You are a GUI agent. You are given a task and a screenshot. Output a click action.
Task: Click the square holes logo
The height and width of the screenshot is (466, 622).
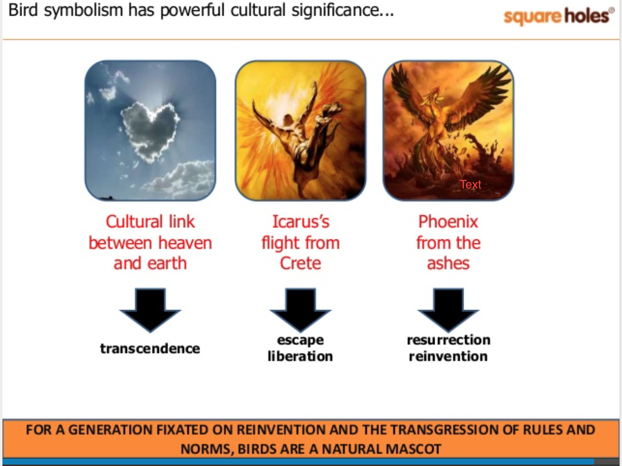pos(559,16)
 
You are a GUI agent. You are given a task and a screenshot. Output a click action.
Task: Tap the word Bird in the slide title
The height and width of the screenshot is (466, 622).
pos(23,10)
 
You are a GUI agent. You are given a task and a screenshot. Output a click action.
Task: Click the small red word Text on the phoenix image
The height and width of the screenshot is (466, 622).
pos(470,184)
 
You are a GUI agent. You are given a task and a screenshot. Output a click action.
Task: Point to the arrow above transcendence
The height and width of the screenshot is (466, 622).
pos(150,310)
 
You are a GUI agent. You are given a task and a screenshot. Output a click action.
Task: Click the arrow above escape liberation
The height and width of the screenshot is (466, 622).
pos(300,310)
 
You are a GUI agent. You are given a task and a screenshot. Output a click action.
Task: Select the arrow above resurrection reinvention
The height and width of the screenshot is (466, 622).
pos(448,310)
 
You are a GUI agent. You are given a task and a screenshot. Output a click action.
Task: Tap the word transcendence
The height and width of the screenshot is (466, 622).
pos(150,348)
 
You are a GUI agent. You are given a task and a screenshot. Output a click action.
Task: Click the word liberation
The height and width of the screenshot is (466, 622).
pos(300,356)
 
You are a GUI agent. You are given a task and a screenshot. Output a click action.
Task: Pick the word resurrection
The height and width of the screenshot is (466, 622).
pos(448,340)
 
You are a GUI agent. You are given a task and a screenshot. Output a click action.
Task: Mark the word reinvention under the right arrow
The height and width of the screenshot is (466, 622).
pos(448,356)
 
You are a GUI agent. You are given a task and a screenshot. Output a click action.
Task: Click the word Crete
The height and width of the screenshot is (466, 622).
pos(300,263)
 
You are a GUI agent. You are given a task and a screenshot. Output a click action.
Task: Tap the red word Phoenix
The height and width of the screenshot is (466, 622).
pos(448,222)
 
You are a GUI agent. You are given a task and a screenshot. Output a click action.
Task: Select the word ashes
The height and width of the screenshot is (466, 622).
pos(448,263)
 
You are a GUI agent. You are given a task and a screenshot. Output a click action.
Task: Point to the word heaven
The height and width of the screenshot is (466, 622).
pos(185,243)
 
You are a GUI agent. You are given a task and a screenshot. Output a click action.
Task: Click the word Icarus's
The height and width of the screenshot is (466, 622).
pos(301,222)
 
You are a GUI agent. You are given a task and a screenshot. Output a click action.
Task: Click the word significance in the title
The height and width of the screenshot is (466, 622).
pos(342,11)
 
